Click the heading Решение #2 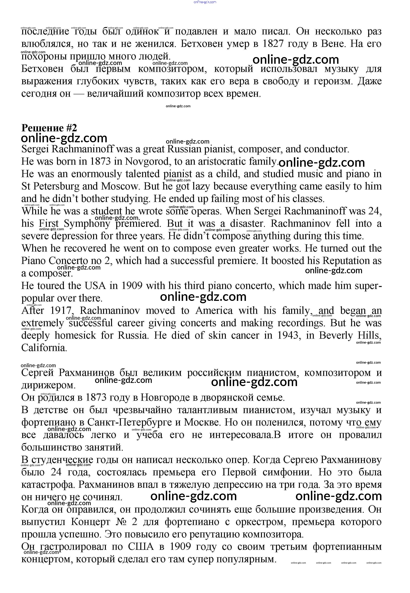point(49,128)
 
